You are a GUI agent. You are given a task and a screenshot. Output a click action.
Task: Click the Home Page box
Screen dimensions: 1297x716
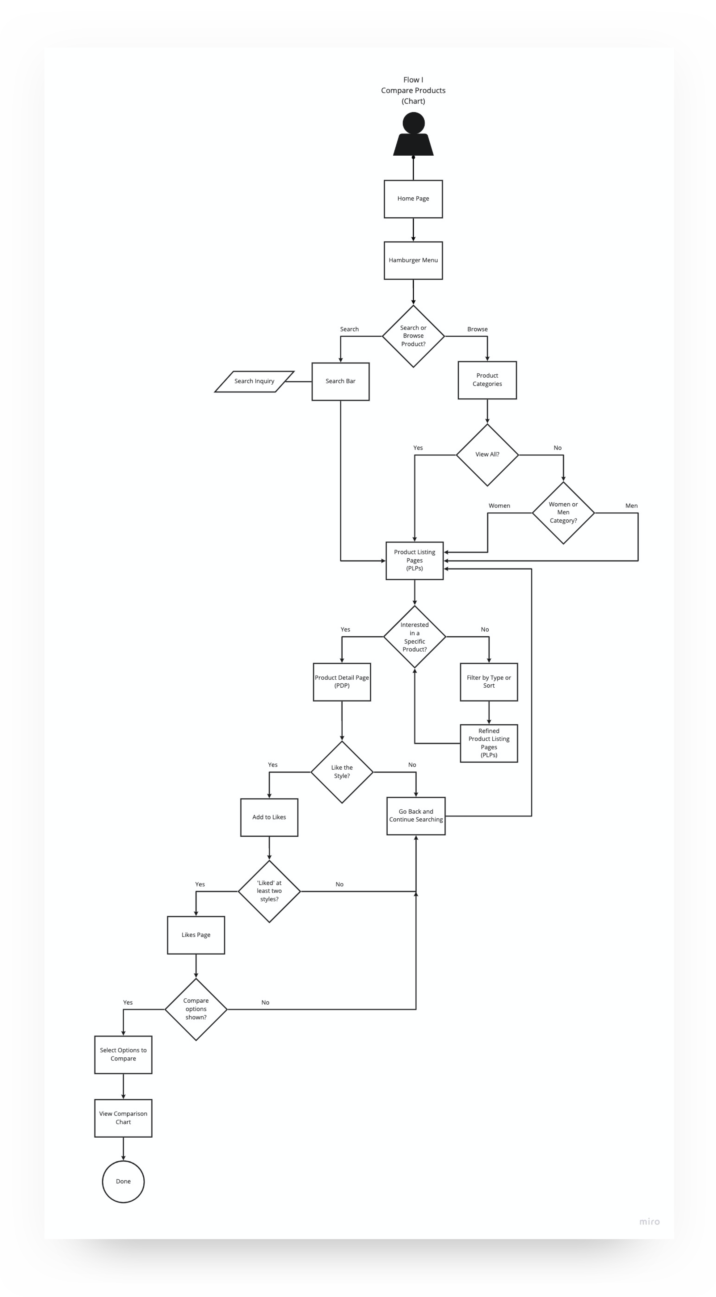coord(413,199)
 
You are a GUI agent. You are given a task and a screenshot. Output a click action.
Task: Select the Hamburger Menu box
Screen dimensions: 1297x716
coord(413,260)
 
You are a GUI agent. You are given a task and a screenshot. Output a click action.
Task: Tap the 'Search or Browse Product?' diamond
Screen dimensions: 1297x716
coord(413,336)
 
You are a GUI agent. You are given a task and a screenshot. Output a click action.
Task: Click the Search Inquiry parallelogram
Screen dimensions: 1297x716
coord(254,381)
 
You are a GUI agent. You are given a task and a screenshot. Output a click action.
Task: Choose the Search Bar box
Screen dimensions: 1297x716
coord(340,381)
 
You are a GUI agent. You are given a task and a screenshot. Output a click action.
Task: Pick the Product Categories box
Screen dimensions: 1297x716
coord(487,380)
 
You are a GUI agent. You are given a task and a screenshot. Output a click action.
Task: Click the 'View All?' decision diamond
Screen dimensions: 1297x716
coord(487,455)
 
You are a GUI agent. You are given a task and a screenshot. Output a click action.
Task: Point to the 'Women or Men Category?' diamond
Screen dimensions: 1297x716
coord(563,513)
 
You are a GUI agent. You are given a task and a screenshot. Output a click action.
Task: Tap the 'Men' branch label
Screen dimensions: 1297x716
coord(631,506)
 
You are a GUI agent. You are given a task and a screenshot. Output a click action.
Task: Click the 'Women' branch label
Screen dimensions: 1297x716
coord(499,506)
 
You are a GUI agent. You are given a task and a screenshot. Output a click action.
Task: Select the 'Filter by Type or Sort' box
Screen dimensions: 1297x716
coord(488,682)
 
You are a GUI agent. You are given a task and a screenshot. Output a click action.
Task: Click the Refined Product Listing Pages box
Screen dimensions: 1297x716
coord(488,743)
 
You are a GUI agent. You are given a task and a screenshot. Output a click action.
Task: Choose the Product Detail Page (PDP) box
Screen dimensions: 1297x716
coord(342,682)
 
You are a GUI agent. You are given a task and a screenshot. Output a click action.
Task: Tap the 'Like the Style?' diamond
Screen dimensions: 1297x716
coord(342,772)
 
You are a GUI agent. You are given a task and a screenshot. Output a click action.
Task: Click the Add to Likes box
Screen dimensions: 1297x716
coord(269,817)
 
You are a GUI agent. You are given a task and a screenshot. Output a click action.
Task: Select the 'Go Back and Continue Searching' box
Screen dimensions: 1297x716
coord(416,816)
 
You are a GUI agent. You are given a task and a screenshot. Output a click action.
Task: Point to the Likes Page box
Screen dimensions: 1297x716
coord(196,935)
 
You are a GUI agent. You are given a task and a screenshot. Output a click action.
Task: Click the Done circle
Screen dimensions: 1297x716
coord(123,1181)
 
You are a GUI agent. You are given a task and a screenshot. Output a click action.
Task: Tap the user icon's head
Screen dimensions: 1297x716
coord(413,123)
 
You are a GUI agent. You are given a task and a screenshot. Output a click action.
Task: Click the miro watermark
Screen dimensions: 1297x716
coord(649,1221)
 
